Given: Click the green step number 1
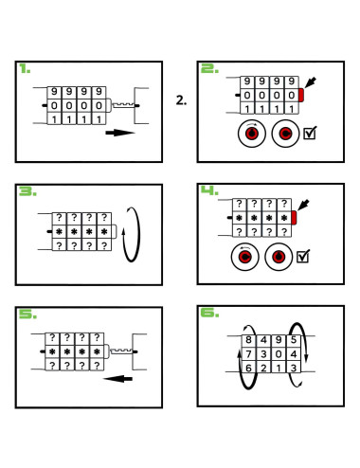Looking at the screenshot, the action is click(x=25, y=68).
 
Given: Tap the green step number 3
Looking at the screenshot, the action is click(x=27, y=191).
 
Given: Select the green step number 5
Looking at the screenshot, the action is click(x=27, y=314).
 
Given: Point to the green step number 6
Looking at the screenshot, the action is click(x=209, y=313).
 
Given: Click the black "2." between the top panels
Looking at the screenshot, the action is click(x=181, y=100).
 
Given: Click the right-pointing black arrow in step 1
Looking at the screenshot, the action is click(x=120, y=133).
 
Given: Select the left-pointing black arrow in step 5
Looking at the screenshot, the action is click(x=117, y=378).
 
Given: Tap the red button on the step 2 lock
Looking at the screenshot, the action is click(x=301, y=95).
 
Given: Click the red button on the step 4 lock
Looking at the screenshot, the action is click(x=294, y=218).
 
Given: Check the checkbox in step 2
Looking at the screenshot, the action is click(x=310, y=133).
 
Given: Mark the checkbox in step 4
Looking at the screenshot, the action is click(x=303, y=256).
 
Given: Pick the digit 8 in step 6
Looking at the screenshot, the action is click(x=248, y=340).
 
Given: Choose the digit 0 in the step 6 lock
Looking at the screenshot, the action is click(x=279, y=354).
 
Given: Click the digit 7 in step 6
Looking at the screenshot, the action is click(x=248, y=354).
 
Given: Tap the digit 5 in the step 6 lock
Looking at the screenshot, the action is click(x=294, y=340).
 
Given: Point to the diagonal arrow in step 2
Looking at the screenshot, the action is click(x=310, y=82).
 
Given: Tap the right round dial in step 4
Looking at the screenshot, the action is click(x=279, y=257).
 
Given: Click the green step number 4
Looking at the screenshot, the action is click(x=209, y=190).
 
